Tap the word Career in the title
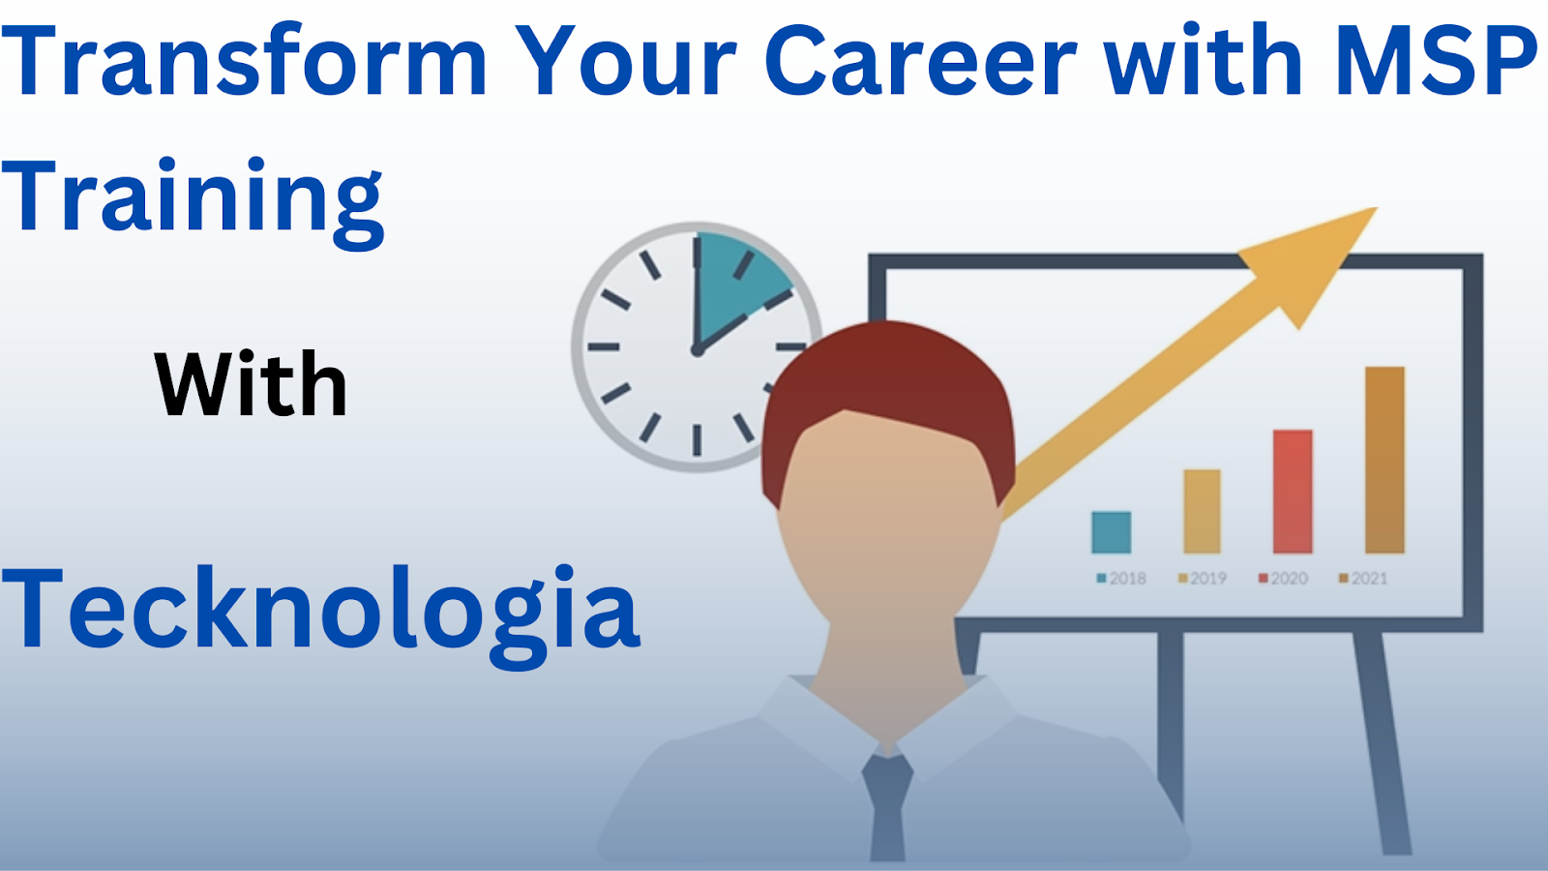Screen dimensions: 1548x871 tap(920, 59)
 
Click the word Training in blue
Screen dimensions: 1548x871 tap(193, 202)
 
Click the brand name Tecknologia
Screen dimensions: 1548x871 tap(320, 616)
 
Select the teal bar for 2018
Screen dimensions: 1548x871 tap(1112, 532)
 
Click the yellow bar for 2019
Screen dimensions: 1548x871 tap(1202, 512)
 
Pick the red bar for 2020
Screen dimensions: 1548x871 tap(1293, 492)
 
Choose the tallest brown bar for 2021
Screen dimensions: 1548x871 tap(1384, 460)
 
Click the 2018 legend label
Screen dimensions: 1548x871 tap(1121, 578)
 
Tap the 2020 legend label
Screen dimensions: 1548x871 tap(1283, 578)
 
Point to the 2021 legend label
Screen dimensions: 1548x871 tap(1363, 578)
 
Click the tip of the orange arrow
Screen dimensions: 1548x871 tap(1378, 207)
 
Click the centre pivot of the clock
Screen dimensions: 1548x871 tap(697, 351)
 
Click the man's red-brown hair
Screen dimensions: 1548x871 tap(888, 380)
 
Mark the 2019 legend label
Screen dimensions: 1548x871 tap(1203, 578)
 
